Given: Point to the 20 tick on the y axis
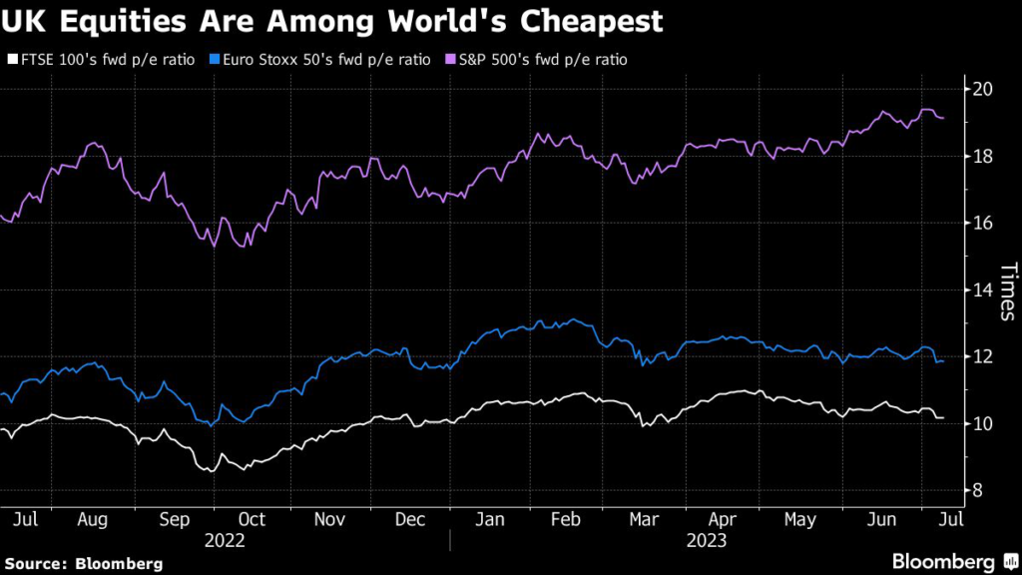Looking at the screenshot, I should coord(984,89).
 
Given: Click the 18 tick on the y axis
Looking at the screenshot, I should coord(984,156).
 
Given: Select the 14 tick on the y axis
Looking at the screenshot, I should coord(984,289).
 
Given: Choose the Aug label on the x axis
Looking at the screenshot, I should coord(92,519).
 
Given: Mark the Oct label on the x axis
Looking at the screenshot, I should coord(252,519).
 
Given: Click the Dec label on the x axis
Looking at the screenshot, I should coord(410,519).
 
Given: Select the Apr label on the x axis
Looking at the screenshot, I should coord(723,519).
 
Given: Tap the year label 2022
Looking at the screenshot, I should coord(225,540).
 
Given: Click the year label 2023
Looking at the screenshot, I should coord(705,540).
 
